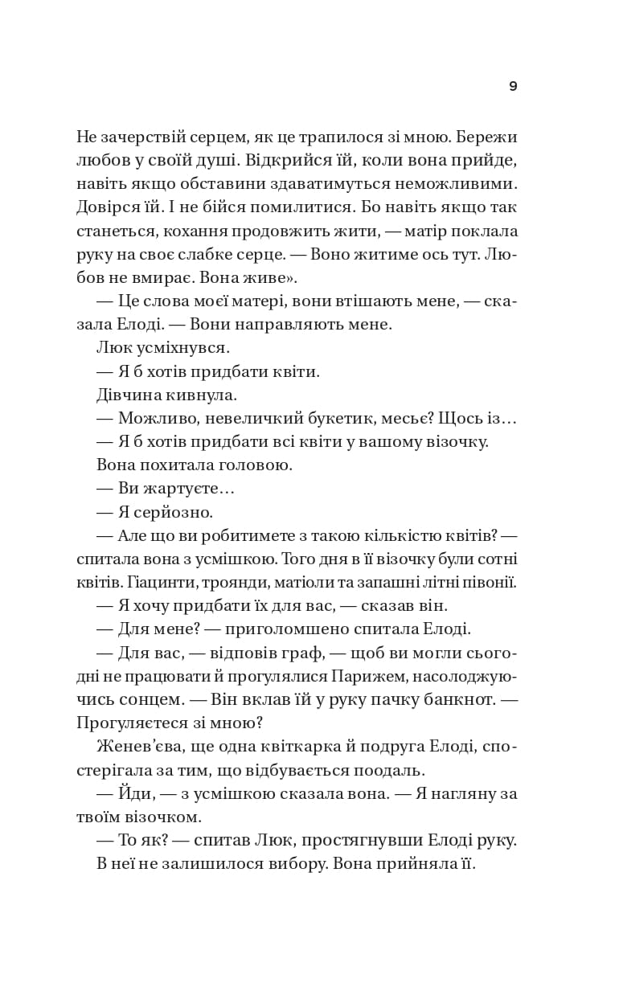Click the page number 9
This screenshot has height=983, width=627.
pos(513,87)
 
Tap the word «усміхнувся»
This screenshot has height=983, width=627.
pos(182,348)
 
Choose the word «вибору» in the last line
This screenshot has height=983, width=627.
pos(297,863)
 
